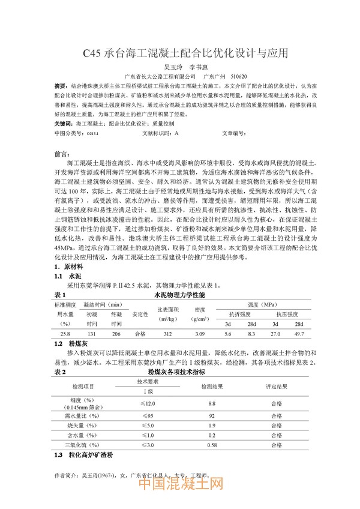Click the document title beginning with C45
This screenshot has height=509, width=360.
point(179,53)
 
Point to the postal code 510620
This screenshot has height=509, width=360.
point(238,76)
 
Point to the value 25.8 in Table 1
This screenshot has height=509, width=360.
point(65,334)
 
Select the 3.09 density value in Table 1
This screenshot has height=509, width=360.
point(200,334)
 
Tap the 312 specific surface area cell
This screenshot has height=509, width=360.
point(167,334)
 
